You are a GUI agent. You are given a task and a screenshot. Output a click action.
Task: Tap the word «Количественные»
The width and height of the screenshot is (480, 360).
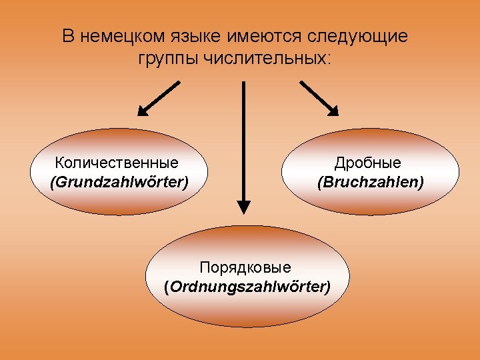[x=117, y=163]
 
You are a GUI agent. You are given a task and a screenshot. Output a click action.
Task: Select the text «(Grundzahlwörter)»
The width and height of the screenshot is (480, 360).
[x=119, y=181]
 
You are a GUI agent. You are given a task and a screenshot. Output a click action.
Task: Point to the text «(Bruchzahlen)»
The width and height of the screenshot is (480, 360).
[x=370, y=181]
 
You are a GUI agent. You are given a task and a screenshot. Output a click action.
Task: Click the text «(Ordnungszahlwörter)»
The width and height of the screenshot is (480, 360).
[x=247, y=287]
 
